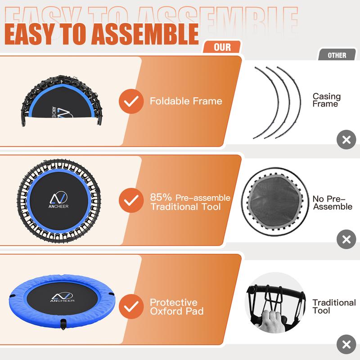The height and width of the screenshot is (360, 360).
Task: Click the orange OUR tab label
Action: (x=222, y=47)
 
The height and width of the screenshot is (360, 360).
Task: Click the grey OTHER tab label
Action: (x=337, y=55)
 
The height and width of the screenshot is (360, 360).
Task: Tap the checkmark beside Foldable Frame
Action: (x=131, y=101)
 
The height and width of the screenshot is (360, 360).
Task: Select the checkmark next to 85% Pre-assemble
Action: (x=131, y=200)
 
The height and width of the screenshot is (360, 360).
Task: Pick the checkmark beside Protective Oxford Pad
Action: (x=131, y=306)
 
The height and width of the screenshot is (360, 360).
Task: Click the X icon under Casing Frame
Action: (x=346, y=139)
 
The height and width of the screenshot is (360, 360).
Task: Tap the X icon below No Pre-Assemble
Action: (x=346, y=239)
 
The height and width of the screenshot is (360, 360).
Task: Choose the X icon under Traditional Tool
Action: (x=346, y=344)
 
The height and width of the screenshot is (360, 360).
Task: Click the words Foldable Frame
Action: (x=186, y=101)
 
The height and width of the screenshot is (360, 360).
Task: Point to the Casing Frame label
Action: (x=327, y=100)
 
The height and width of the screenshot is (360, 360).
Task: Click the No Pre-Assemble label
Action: (x=332, y=202)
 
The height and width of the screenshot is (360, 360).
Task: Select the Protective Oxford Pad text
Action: (x=177, y=307)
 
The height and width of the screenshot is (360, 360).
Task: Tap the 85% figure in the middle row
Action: (x=161, y=197)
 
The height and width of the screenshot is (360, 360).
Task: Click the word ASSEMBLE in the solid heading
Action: (x=144, y=34)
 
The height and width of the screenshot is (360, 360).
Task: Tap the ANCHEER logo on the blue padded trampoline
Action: (x=62, y=297)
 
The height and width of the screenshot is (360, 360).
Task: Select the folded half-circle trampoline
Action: (x=62, y=101)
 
